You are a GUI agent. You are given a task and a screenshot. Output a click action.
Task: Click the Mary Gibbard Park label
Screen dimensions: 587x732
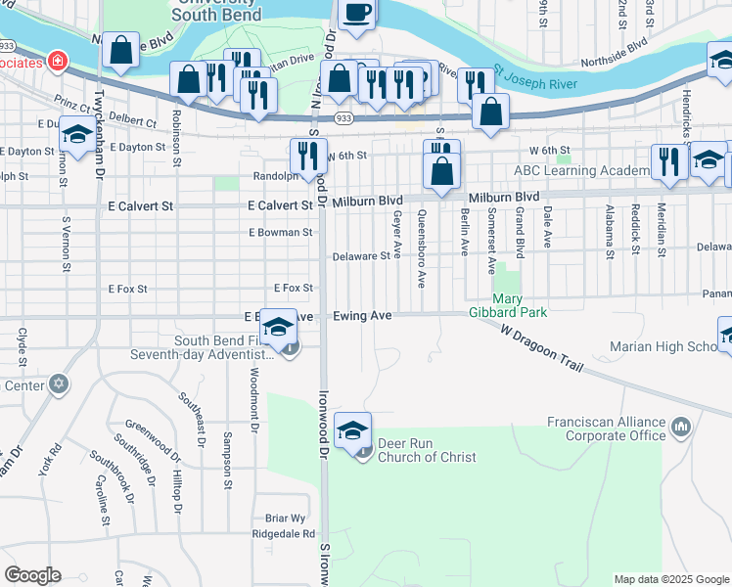pos(520,304)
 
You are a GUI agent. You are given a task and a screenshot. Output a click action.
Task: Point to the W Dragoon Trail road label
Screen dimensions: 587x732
pos(540,348)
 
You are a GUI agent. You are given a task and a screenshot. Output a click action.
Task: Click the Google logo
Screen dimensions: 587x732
pos(31,575)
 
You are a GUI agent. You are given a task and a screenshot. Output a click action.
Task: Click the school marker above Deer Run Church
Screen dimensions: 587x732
pos(352,429)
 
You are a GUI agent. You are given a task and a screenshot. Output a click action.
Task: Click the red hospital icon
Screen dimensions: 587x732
pos(58,61)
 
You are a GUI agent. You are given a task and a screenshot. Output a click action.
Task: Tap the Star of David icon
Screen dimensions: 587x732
pos(58,384)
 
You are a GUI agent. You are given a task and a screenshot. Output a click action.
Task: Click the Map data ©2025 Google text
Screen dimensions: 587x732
pos(671,579)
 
